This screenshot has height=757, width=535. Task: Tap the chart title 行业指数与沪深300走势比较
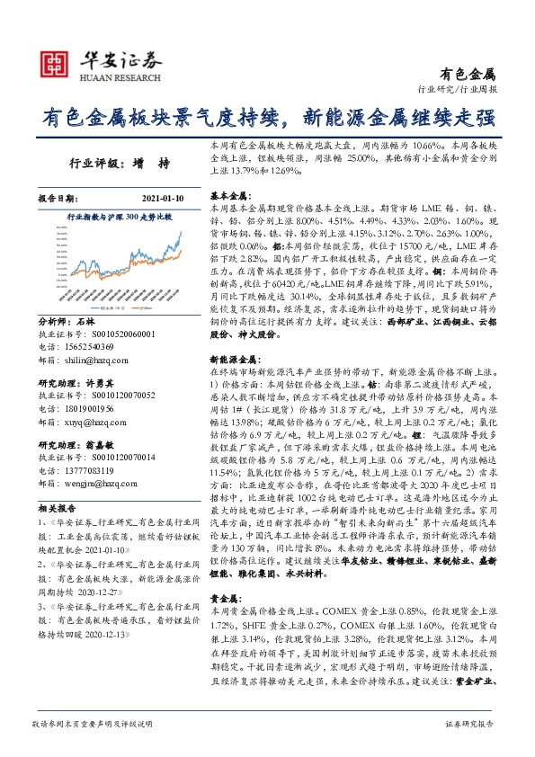pyautogui.click(x=120, y=218)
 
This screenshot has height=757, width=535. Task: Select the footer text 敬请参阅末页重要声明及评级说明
pyautogui.click(x=92, y=724)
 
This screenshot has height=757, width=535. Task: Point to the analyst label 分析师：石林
pyautogui.click(x=68, y=321)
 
